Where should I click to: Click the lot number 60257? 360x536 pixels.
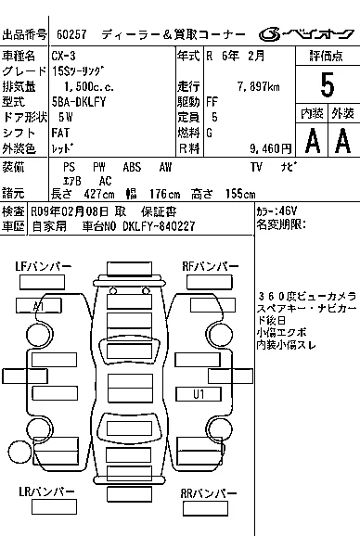coord(71,34)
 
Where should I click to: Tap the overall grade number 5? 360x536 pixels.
coord(328,84)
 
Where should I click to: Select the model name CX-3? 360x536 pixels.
coord(64,56)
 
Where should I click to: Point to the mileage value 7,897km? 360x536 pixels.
coord(259,86)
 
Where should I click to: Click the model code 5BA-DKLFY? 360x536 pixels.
coord(79,102)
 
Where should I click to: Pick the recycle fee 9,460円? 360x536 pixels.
coord(270,148)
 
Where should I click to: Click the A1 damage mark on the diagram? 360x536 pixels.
coord(39,306)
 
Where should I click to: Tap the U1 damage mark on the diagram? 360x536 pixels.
coord(199,394)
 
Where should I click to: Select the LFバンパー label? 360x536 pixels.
coord(43,267)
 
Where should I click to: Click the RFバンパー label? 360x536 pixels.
coord(211,267)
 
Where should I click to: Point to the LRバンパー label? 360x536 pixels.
coord(46,491)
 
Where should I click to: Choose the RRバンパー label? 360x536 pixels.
coord(208,493)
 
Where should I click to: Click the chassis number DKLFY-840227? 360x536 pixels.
coord(159,226)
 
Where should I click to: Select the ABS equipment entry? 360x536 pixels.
coord(132,167)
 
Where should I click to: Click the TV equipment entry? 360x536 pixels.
coord(256,167)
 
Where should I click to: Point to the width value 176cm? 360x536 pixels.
coord(165,194)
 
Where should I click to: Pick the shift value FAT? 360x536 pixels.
coord(60,133)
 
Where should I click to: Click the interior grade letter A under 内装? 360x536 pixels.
coord(313,140)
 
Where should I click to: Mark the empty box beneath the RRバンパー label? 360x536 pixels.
coord(205,509)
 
